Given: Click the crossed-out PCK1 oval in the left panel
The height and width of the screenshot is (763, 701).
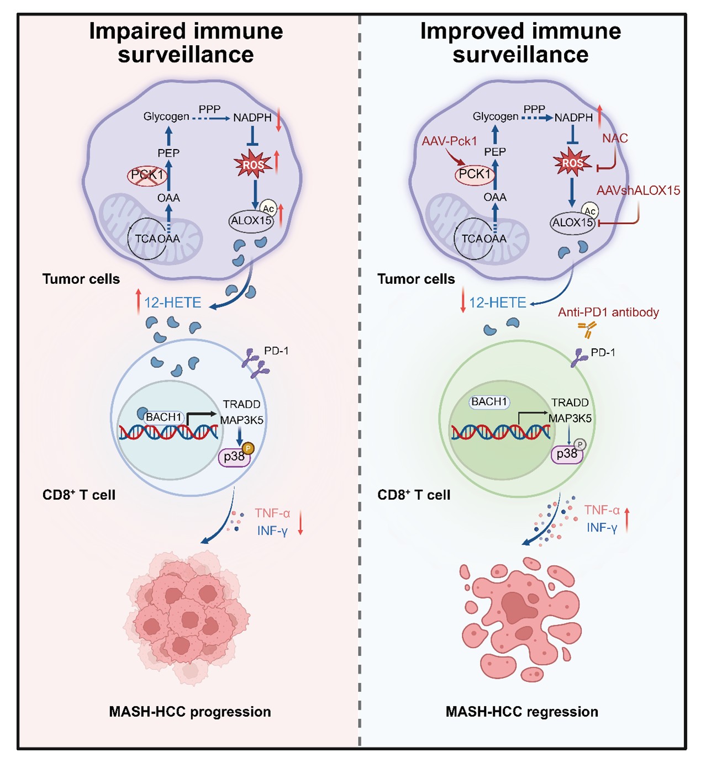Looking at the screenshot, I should pos(147,176).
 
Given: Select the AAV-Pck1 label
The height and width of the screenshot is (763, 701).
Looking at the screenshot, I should pos(449,141).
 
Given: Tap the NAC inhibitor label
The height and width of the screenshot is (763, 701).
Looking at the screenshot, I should pos(615,139).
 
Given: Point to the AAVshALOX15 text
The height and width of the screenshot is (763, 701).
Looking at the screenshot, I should pos(638,190).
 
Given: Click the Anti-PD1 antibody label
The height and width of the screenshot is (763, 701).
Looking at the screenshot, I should pos(608,312).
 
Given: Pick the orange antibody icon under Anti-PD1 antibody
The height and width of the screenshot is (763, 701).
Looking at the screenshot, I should pos(587,330).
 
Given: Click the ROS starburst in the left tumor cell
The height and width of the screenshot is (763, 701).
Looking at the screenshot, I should pos(253,165).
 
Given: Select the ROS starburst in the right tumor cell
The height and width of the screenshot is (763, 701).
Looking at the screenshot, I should pos(572,163).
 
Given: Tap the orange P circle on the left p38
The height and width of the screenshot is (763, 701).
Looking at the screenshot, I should pos(248,448).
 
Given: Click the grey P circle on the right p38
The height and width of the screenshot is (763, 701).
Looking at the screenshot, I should pos(579,445).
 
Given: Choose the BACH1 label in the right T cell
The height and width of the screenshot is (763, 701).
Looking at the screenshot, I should pos(489,402).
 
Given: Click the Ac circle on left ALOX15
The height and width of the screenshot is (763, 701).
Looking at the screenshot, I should pos(268,209).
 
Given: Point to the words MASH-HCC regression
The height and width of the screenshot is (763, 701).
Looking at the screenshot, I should pos(521,712).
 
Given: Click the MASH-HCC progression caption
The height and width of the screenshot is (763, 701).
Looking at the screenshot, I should pos(189,712).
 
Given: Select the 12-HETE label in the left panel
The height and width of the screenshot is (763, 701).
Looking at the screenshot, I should pos(172,303).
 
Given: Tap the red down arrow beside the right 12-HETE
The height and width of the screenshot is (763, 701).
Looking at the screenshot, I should pos(463,303).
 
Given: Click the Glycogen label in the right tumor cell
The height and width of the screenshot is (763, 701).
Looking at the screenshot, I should pos(495,116).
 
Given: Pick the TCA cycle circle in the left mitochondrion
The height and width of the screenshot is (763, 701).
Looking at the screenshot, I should pos(147,239).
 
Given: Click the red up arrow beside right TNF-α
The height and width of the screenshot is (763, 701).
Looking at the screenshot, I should pos(627,519).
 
